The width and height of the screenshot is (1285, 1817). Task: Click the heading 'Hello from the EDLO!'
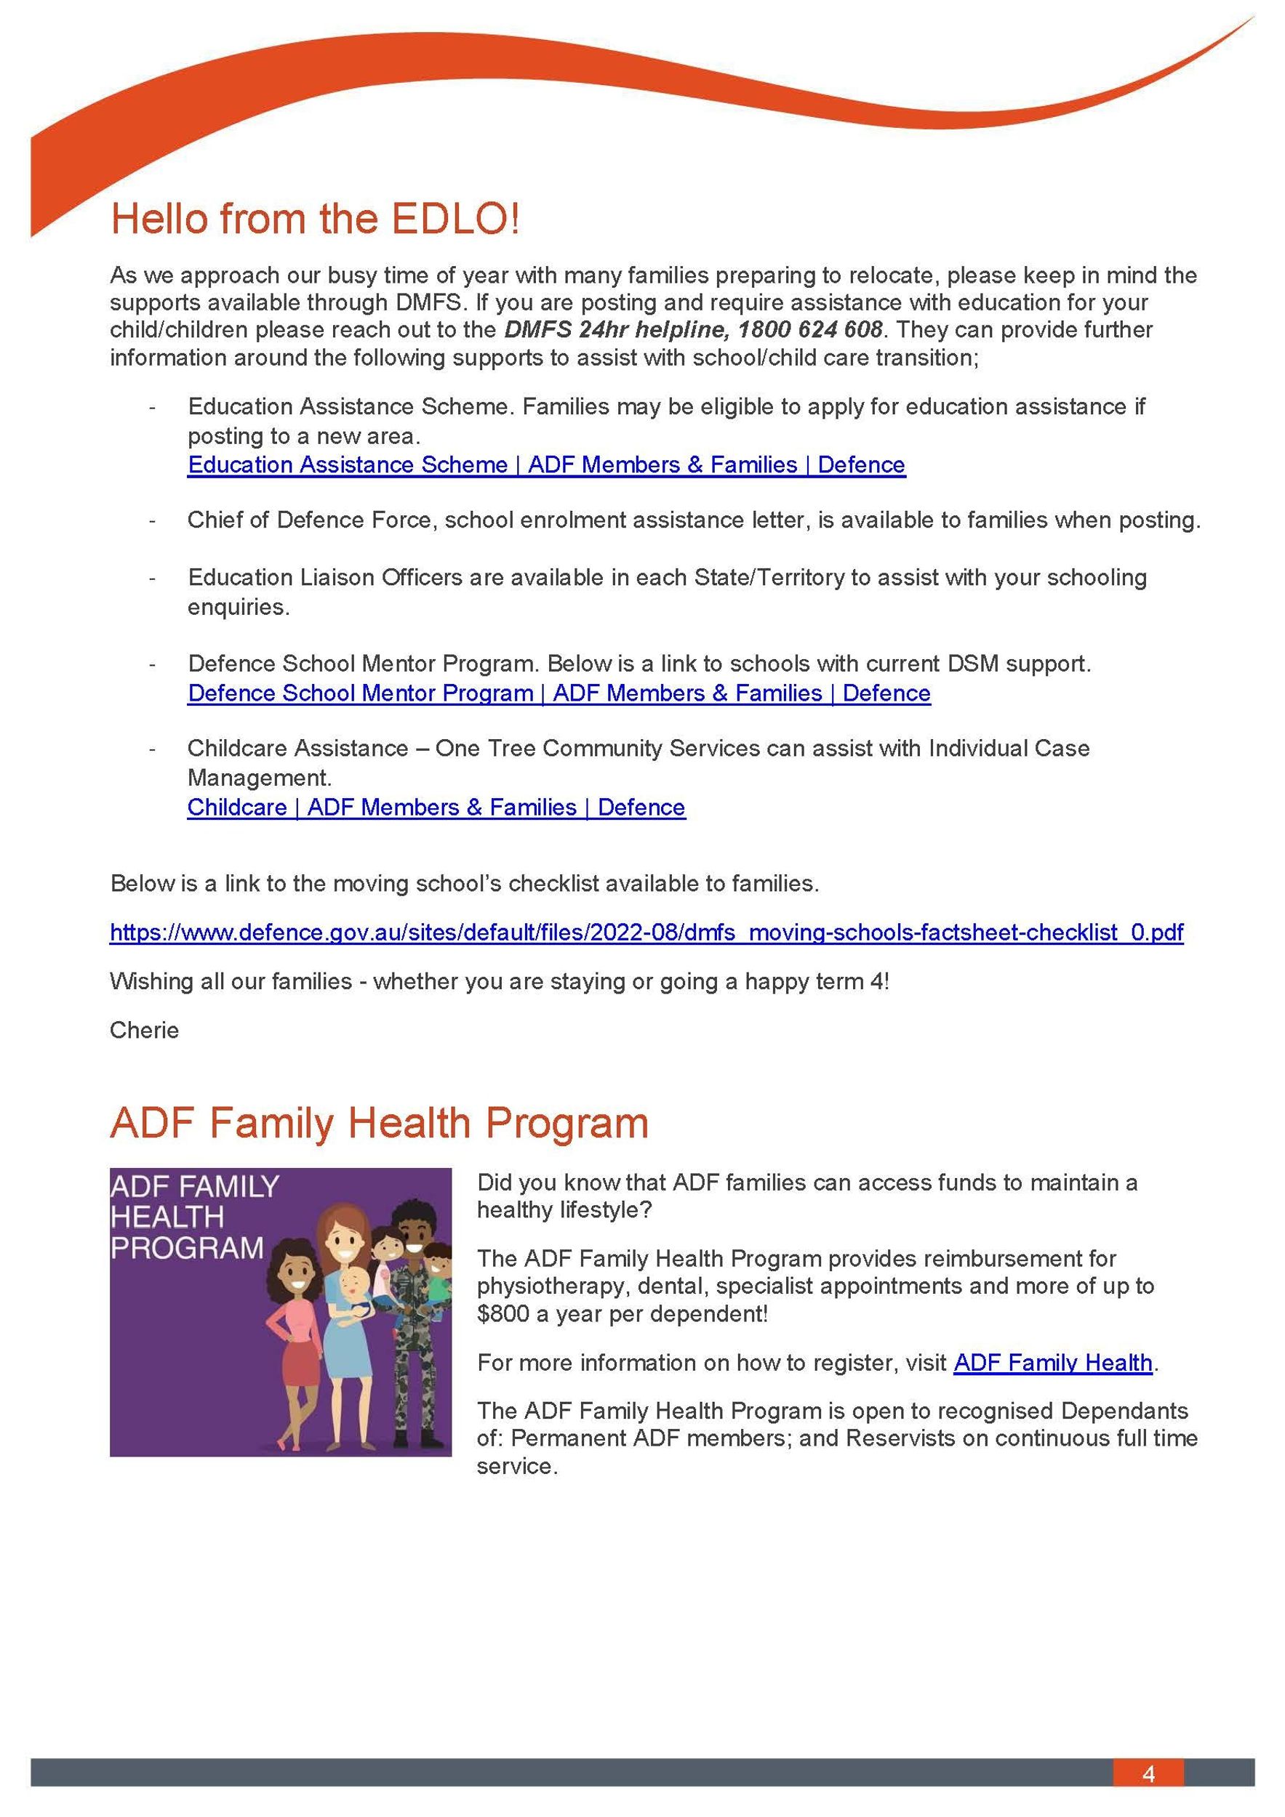click(314, 219)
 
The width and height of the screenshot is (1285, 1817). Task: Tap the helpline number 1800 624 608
click(809, 329)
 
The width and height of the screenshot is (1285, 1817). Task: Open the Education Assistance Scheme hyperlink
click(545, 464)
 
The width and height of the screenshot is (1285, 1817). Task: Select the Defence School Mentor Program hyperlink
click(559, 693)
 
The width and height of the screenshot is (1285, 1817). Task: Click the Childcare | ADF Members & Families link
click(436, 807)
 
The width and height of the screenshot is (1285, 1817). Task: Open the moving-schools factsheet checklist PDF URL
click(646, 932)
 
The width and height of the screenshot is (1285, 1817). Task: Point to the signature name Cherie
click(144, 1030)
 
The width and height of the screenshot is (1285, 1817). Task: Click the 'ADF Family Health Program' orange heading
click(378, 1123)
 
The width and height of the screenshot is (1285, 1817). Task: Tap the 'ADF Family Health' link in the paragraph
click(1052, 1362)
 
